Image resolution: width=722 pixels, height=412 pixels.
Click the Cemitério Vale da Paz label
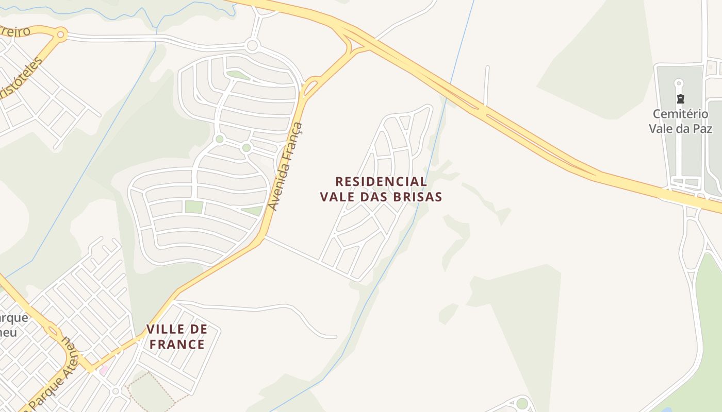(x=680, y=121)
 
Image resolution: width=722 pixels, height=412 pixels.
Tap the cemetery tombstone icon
(x=680, y=99)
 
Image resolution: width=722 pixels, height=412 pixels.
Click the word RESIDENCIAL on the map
(x=381, y=182)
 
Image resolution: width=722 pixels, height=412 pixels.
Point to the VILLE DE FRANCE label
(x=177, y=337)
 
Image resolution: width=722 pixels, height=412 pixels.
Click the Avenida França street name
(x=286, y=166)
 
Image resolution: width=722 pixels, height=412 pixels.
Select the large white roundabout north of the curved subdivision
(x=252, y=45)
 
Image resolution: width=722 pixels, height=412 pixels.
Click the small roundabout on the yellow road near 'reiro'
(x=61, y=35)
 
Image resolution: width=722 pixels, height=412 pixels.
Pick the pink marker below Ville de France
(x=104, y=370)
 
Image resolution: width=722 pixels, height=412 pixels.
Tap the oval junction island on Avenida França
(x=311, y=88)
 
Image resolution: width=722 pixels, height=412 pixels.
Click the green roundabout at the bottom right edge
(x=522, y=403)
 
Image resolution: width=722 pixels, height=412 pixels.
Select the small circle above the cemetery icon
(x=679, y=83)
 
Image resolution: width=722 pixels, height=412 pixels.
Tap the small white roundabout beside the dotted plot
(x=116, y=391)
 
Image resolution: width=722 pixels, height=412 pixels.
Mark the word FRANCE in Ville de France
(x=177, y=345)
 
